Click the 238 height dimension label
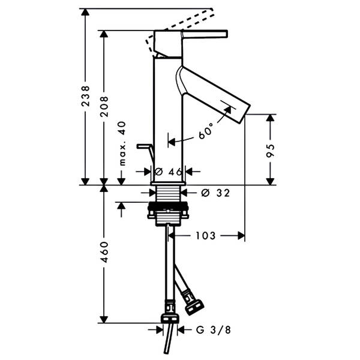(85, 96)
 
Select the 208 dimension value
(104, 106)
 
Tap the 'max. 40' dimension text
(123, 143)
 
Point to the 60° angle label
(205, 131)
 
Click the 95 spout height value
(270, 151)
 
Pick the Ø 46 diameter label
(169, 172)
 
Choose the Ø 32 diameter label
(215, 193)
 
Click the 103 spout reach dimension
(205, 236)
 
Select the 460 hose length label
(104, 252)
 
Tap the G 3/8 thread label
(214, 330)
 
